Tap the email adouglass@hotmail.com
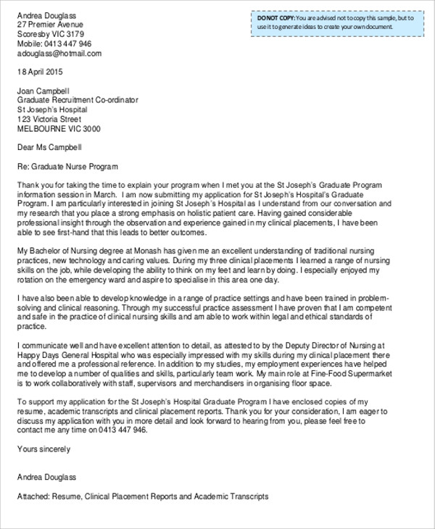59,53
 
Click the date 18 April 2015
41,72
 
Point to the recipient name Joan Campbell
44,91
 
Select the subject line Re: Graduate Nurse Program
67,166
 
